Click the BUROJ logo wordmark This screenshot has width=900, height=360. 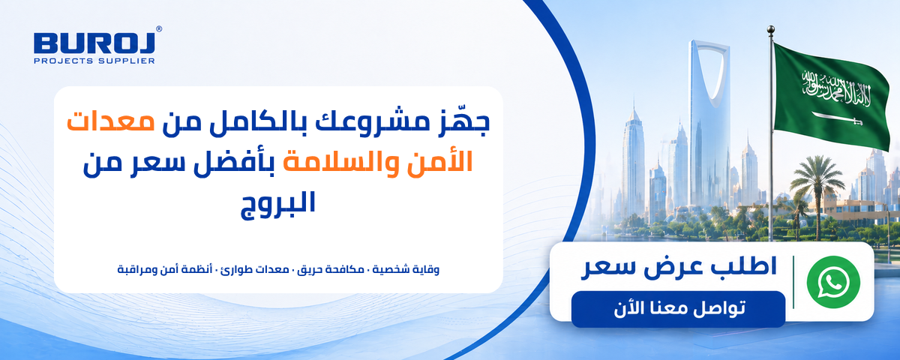(x=94, y=43)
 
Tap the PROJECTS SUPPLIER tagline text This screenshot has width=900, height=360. (x=94, y=61)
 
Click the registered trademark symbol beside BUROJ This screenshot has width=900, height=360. (x=159, y=29)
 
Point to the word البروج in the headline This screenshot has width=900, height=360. (x=278, y=204)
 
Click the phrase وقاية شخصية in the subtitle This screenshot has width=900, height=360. (x=406, y=269)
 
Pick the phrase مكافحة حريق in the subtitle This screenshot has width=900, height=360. (x=331, y=269)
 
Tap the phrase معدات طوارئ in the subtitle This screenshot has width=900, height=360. (x=255, y=269)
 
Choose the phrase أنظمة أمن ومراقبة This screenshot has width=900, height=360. (x=165, y=269)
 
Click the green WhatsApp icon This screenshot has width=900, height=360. (x=833, y=283)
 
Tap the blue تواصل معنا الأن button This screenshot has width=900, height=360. (x=678, y=309)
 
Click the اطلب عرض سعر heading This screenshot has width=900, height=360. (x=679, y=268)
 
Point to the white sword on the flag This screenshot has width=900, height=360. (x=837, y=119)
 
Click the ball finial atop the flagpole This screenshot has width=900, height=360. (x=771, y=29)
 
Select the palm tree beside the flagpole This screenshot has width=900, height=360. (x=817, y=193)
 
